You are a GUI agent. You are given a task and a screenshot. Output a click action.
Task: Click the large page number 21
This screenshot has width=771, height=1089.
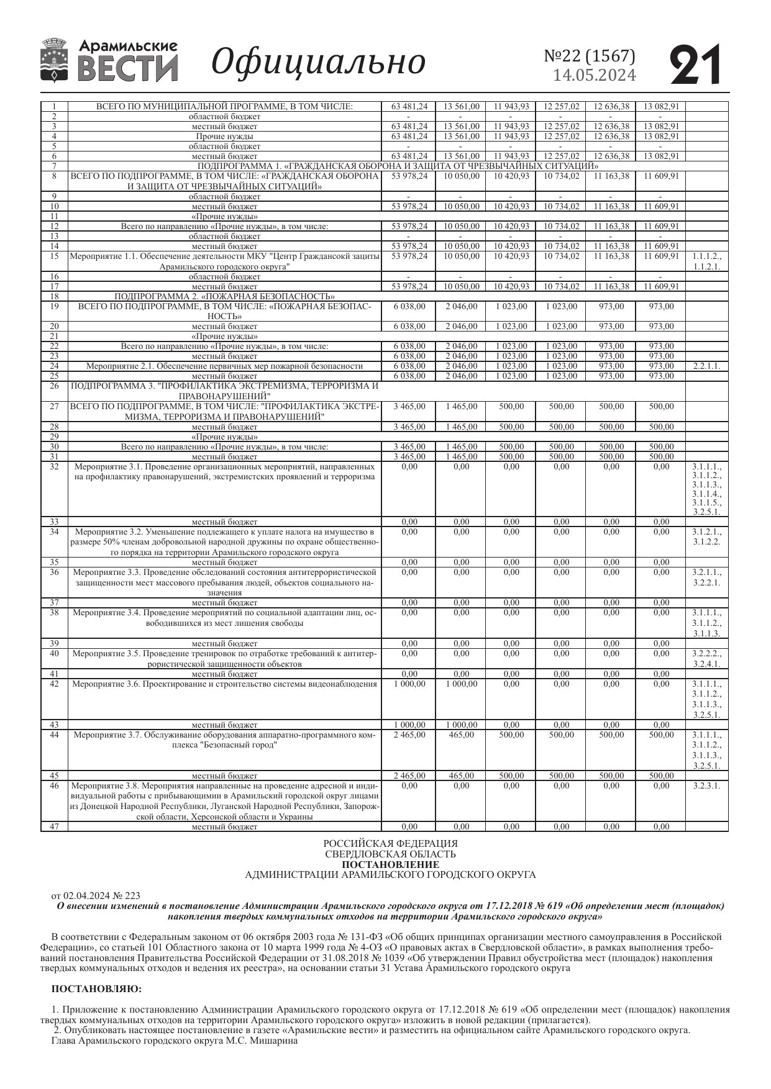(x=696, y=64)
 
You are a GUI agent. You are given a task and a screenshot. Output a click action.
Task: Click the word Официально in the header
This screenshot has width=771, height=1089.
(x=318, y=61)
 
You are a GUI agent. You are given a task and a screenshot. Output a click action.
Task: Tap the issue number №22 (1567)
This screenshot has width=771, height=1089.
(x=590, y=56)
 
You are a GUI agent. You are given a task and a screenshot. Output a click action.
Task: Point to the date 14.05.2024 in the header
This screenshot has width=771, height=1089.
(x=595, y=75)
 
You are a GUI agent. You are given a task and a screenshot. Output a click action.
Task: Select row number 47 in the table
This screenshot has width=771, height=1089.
(x=54, y=826)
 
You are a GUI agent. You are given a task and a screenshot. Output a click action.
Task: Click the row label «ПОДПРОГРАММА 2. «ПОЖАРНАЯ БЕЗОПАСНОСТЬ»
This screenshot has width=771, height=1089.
(x=224, y=296)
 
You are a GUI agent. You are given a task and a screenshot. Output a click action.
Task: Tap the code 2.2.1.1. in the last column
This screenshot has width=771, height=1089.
(x=706, y=366)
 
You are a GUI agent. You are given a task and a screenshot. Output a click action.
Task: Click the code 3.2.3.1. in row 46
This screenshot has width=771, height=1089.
(x=706, y=785)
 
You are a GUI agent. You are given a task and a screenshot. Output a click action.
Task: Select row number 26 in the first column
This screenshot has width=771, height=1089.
(x=54, y=386)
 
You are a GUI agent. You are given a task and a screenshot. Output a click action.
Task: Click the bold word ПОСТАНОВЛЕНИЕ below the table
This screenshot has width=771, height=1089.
(x=390, y=864)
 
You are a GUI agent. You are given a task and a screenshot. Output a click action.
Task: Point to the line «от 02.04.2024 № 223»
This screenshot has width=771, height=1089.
(x=96, y=895)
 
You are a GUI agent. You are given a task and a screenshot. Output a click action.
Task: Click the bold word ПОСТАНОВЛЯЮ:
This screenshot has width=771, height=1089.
(x=96, y=988)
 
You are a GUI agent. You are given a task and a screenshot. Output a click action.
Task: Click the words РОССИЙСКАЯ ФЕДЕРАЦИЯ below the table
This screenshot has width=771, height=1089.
(x=390, y=843)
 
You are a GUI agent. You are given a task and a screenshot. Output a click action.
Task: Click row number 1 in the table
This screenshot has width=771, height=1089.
(x=54, y=106)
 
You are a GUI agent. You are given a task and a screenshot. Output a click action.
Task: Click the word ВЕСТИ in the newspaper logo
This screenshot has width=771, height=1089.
(x=128, y=68)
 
